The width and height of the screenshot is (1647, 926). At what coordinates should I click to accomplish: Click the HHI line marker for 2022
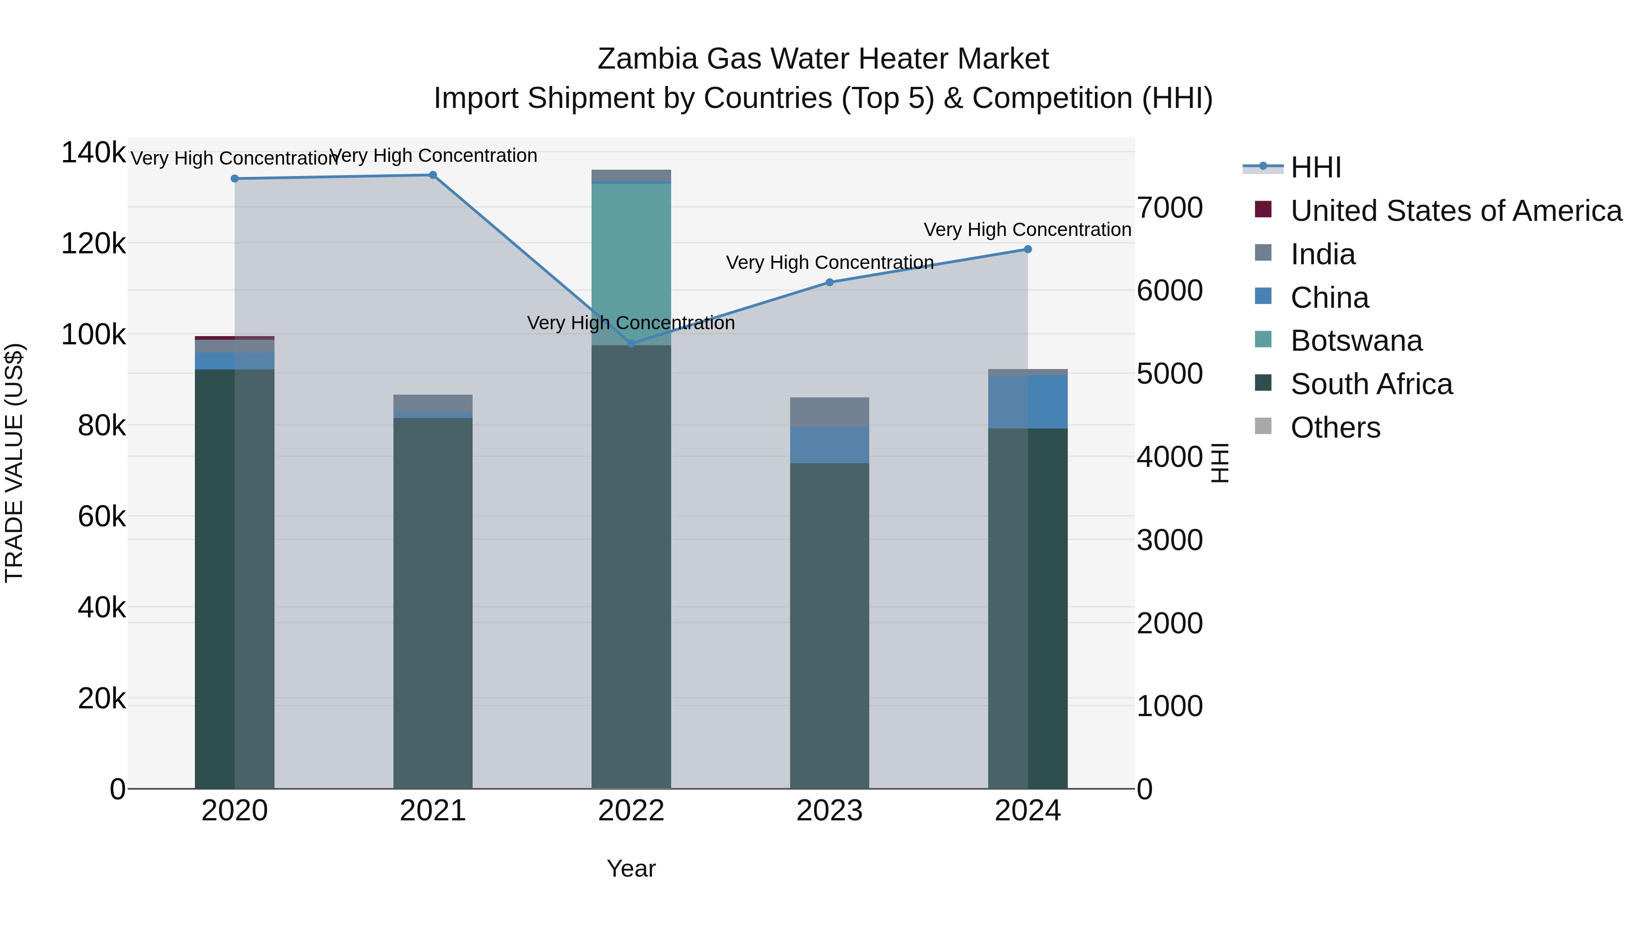tap(631, 344)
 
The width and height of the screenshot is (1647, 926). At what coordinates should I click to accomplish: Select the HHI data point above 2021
tap(433, 175)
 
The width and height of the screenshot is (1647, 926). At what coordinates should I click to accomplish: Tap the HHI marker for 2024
tap(1028, 249)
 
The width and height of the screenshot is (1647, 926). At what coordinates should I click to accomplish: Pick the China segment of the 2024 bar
tap(1028, 402)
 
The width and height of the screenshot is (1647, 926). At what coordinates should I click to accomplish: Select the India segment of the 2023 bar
tap(829, 412)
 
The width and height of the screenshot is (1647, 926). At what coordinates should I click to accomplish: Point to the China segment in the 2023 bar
tap(829, 445)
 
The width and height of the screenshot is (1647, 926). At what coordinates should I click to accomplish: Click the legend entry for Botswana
tap(1356, 341)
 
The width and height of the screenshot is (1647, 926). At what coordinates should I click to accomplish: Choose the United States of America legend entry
tap(1455, 211)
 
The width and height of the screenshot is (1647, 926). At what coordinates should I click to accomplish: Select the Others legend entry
tap(1335, 428)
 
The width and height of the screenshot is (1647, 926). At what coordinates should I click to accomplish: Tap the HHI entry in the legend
tap(1315, 167)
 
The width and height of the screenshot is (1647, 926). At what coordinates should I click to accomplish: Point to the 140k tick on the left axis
tap(93, 153)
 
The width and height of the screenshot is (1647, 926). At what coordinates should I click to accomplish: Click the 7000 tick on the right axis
tap(1169, 208)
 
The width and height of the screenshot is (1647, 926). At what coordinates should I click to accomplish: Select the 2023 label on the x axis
tap(829, 811)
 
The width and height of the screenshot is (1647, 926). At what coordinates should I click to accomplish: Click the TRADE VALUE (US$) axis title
tap(14, 463)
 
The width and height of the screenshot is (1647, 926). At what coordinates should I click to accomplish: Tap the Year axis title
tap(631, 868)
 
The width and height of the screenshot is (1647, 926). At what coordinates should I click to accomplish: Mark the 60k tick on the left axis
tap(102, 516)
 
